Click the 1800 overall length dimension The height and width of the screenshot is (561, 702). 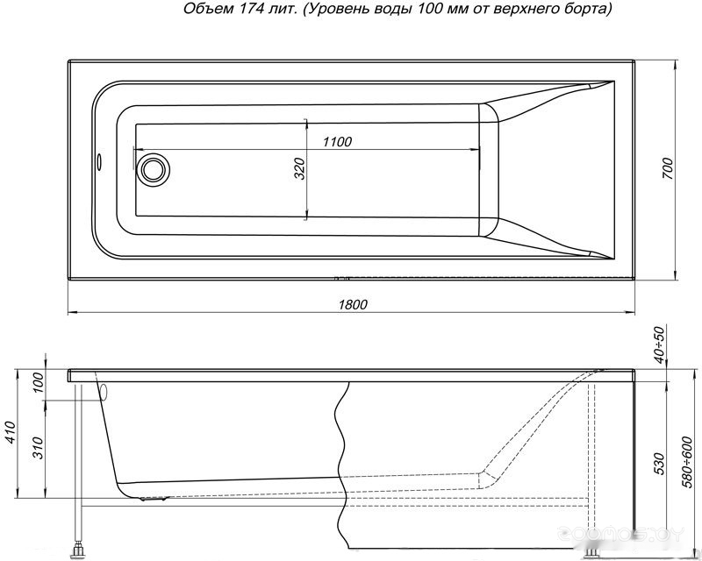coord(353,305)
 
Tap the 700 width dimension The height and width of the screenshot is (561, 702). coord(667,168)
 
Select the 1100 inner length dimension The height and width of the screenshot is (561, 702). coord(337,142)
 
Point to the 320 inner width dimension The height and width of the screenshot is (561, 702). coord(300,168)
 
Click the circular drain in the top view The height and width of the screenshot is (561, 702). coord(154,168)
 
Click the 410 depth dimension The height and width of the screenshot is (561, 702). coord(11,433)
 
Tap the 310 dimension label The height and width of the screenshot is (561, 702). coord(39,448)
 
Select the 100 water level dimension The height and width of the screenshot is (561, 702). coord(39,382)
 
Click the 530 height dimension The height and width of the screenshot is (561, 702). coord(660,464)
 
